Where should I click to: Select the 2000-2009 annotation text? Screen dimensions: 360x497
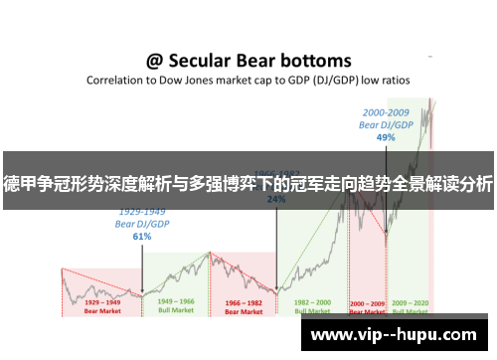(386, 112)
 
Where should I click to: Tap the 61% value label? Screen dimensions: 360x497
(142, 237)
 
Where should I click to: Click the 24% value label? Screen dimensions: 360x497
(276, 199)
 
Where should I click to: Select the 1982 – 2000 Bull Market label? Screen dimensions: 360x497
(314, 305)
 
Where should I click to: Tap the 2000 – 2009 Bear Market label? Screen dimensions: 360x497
(368, 305)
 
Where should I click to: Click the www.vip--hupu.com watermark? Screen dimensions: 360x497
(393, 335)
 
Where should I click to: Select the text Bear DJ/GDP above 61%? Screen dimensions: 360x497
(142, 224)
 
